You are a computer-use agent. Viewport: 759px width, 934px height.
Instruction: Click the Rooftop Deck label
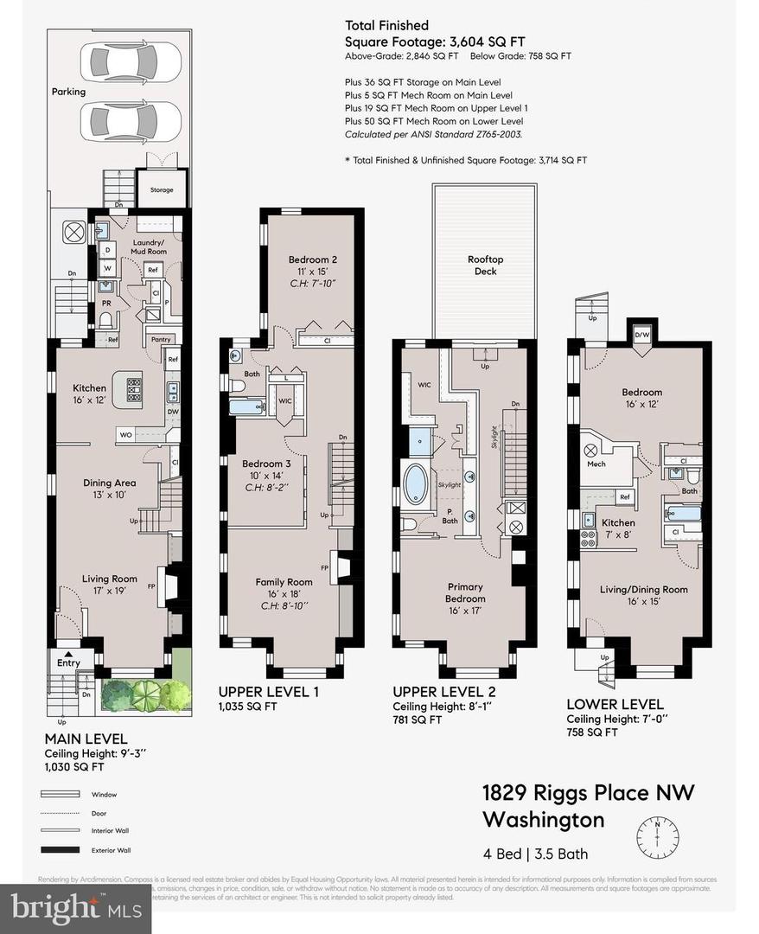tap(485, 265)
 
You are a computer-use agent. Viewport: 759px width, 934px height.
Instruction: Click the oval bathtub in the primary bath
tap(416, 484)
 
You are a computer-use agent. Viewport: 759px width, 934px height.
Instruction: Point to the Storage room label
tap(162, 189)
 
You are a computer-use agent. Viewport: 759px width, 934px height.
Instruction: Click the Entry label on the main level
tap(68, 663)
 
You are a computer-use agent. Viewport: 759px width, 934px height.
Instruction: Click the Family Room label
tap(284, 582)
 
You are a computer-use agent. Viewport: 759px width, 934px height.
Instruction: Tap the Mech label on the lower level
tap(596, 464)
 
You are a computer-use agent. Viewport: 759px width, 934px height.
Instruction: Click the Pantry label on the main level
tap(161, 340)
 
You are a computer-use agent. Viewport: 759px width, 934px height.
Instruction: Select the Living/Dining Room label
tap(643, 589)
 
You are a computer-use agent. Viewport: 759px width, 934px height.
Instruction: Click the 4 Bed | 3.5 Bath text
tap(535, 854)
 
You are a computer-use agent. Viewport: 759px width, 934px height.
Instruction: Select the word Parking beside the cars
tap(68, 91)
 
